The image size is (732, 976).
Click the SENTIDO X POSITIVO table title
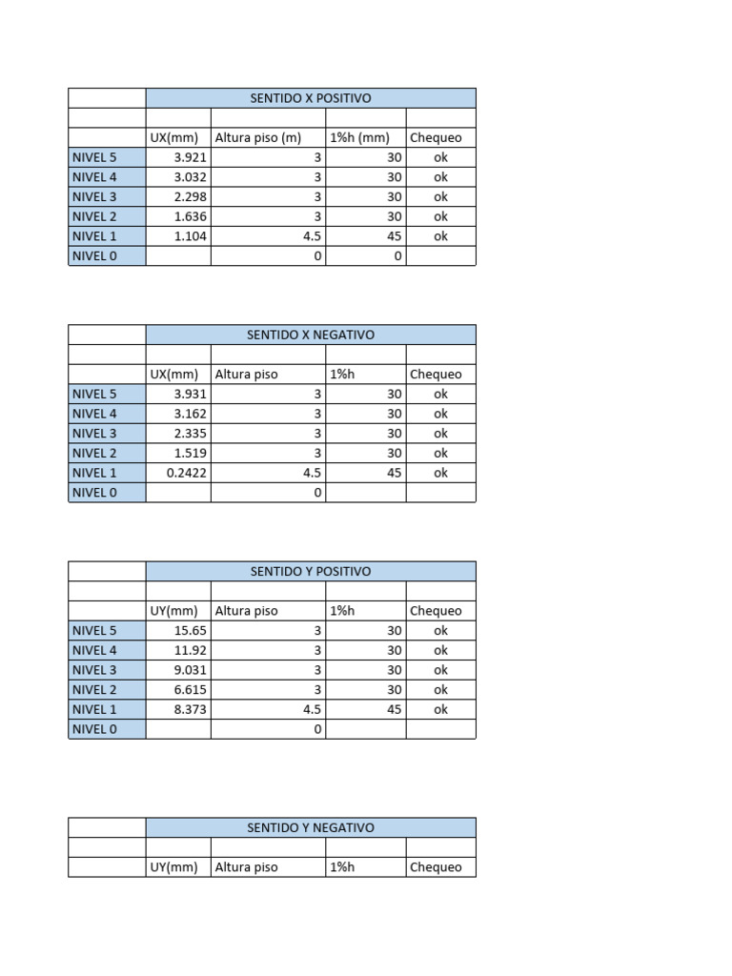(x=310, y=98)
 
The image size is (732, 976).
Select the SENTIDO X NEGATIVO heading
(x=310, y=335)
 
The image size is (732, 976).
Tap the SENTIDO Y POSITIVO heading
(x=310, y=571)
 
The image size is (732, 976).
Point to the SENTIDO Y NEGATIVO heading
(x=310, y=827)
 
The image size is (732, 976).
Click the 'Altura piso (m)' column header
(x=258, y=137)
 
